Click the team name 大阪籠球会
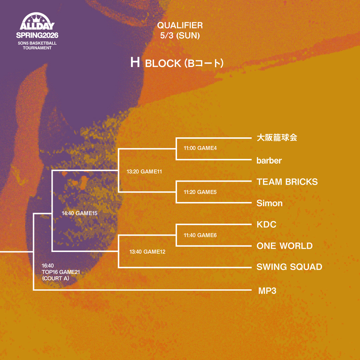click(277, 137)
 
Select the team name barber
click(269, 160)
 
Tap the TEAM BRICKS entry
click(287, 182)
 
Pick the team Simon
click(269, 203)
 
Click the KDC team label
click(266, 224)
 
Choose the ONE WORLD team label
click(284, 246)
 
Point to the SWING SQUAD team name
click(289, 267)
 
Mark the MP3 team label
click(267, 291)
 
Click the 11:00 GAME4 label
click(200, 148)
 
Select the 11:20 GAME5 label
click(200, 192)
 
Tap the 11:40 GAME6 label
click(200, 235)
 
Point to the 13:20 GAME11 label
click(144, 172)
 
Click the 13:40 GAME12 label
click(147, 252)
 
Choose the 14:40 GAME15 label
click(79, 213)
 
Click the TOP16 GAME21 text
click(61, 272)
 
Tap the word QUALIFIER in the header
click(180, 25)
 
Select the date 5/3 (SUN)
click(180, 36)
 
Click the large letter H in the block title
click(135, 63)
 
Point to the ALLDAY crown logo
click(37, 22)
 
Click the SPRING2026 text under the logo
click(37, 35)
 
